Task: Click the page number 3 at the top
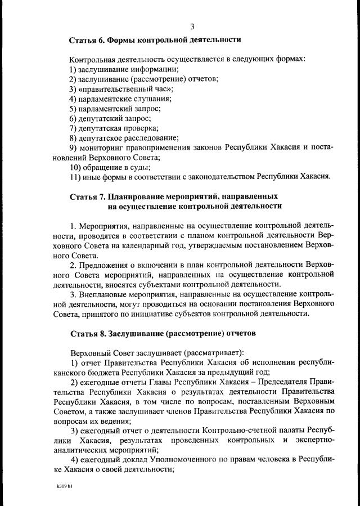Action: [193, 26]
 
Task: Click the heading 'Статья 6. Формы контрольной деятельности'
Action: [155, 40]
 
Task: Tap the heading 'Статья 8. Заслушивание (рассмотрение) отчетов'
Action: [162, 333]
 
